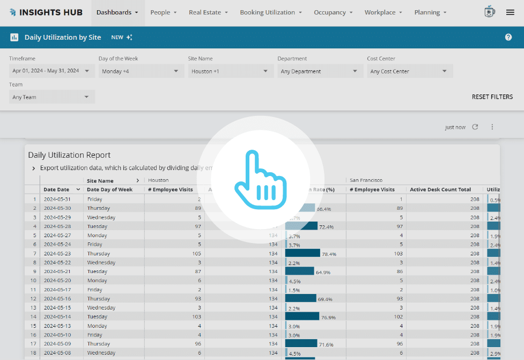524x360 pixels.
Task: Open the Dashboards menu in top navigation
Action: (x=117, y=12)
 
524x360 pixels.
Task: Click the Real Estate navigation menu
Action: (x=208, y=12)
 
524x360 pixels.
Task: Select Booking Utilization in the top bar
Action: (x=271, y=12)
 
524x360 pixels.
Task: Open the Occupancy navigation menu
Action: (x=333, y=12)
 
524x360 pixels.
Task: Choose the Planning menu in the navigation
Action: (x=431, y=12)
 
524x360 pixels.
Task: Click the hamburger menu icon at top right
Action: (x=510, y=12)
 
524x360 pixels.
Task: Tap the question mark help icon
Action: (x=508, y=37)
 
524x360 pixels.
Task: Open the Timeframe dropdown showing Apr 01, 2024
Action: (x=52, y=71)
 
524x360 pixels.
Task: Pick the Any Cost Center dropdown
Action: (x=409, y=71)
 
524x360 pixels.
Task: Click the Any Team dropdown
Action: (x=52, y=97)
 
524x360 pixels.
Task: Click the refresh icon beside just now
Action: (x=475, y=127)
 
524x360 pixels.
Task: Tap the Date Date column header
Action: (x=56, y=189)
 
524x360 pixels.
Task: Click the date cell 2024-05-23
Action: (x=57, y=253)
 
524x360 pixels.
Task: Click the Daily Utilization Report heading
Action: (x=69, y=155)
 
